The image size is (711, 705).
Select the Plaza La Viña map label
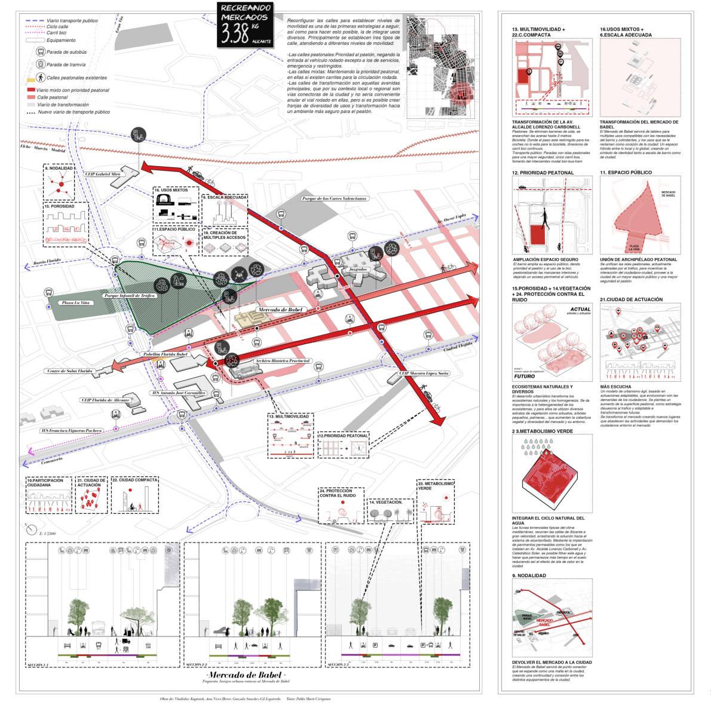(x=75, y=304)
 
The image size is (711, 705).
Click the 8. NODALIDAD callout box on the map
(x=59, y=182)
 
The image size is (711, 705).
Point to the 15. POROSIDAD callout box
(x=66, y=225)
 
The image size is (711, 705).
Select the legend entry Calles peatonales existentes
(x=76, y=78)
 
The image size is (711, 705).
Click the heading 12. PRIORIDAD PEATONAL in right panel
(x=543, y=173)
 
